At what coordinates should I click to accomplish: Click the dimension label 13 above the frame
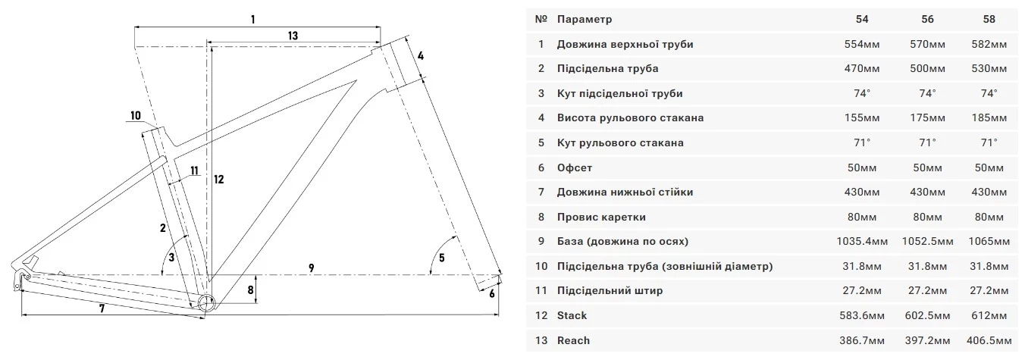[293, 36]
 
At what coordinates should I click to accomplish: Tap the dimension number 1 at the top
[253, 19]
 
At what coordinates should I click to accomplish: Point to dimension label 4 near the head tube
[421, 56]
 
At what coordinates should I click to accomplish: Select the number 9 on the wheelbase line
[311, 268]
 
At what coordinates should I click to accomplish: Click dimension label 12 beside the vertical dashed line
[219, 180]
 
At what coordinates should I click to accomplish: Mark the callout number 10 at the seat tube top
[136, 116]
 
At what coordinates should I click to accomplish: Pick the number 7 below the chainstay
[102, 308]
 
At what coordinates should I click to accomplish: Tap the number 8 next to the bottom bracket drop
[250, 290]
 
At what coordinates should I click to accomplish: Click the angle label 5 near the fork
[441, 258]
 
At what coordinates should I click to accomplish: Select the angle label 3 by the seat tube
[171, 258]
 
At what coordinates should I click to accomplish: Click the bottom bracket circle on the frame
[206, 302]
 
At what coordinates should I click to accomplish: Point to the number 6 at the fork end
[492, 293]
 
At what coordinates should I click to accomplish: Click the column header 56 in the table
[927, 19]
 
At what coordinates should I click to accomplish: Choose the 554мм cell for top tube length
[862, 45]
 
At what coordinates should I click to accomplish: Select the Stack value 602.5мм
[927, 315]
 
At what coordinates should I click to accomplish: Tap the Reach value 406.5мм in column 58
[989, 341]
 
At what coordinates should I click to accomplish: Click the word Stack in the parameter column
[572, 315]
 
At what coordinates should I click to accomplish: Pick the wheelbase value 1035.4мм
[862, 242]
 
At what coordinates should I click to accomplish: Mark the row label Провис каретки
[601, 217]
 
